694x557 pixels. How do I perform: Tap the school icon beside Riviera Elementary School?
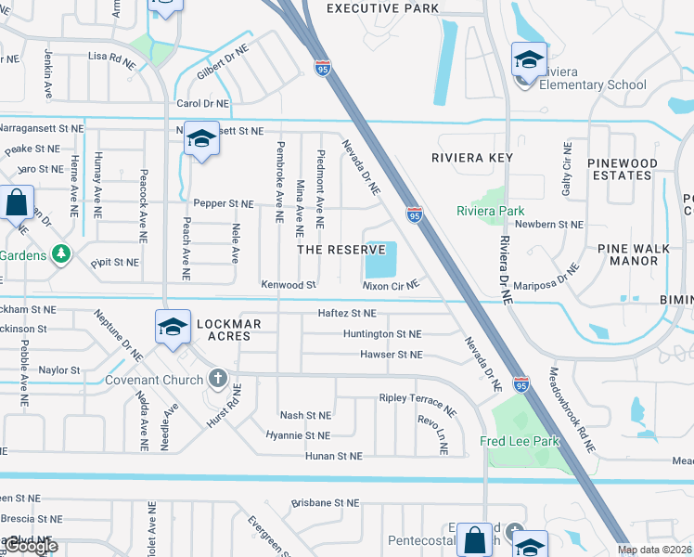pyautogui.click(x=529, y=60)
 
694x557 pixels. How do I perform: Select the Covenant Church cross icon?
pyautogui.click(x=217, y=379)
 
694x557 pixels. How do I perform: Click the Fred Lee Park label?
pyautogui.click(x=520, y=441)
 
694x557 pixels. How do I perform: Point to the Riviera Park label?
pyautogui.click(x=491, y=211)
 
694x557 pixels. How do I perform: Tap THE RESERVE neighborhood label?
pyautogui.click(x=341, y=250)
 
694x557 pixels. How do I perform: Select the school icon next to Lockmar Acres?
pyautogui.click(x=173, y=327)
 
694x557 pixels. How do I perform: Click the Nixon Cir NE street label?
pyautogui.click(x=392, y=286)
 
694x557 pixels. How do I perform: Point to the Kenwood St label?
pyautogui.click(x=289, y=285)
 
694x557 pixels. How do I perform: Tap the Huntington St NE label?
pyautogui.click(x=382, y=333)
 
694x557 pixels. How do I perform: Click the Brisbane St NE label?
pyautogui.click(x=325, y=502)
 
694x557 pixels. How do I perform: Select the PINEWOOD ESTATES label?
pyautogui.click(x=622, y=169)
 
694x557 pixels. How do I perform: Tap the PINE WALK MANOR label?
pyautogui.click(x=641, y=254)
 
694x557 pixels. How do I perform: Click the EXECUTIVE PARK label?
pyautogui.click(x=383, y=8)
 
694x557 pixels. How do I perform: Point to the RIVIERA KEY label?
pyautogui.click(x=472, y=158)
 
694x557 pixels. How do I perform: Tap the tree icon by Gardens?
pyautogui.click(x=61, y=253)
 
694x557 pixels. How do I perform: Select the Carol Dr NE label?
pyautogui.click(x=202, y=104)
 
